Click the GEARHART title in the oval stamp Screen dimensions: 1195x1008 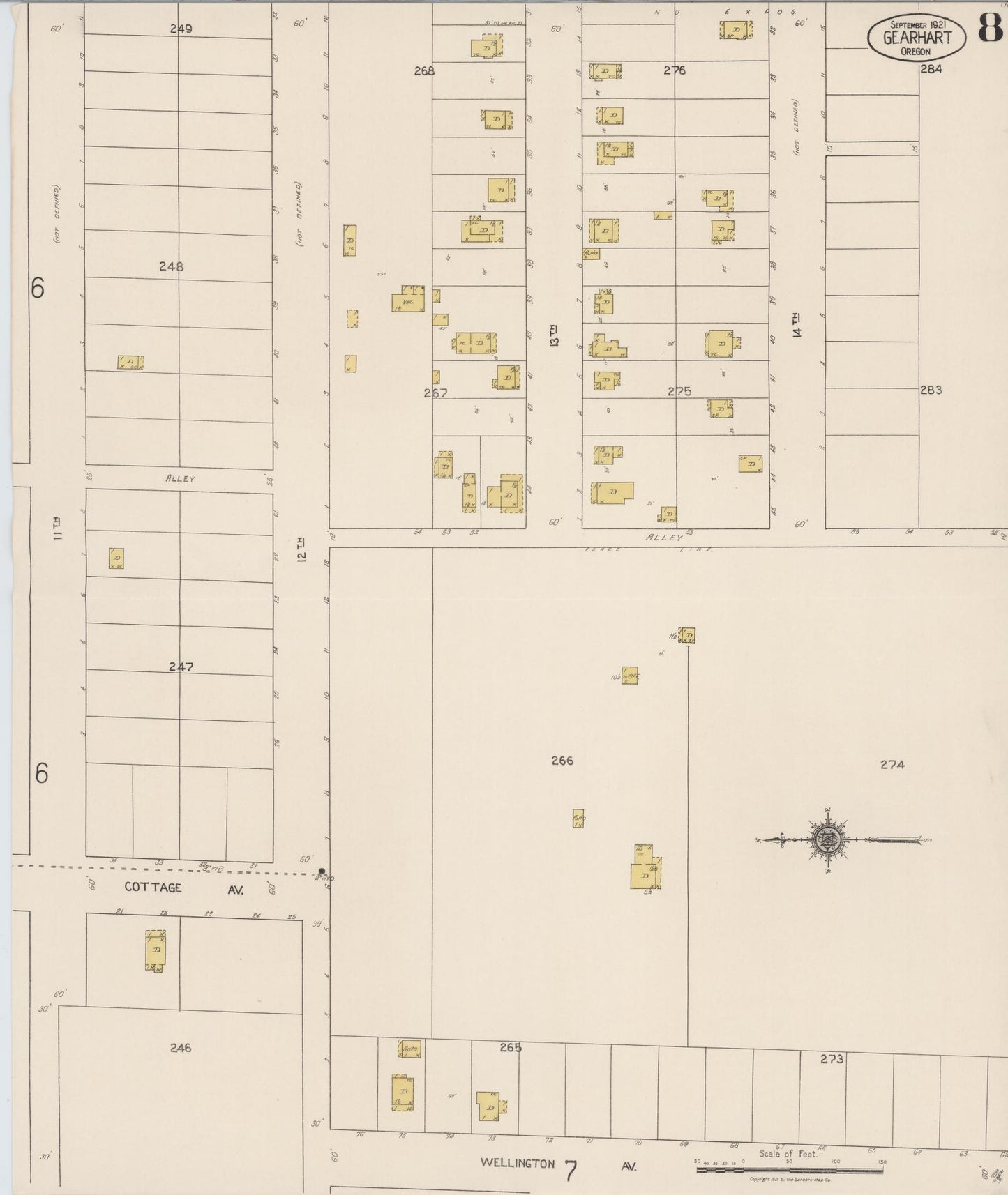[917, 38]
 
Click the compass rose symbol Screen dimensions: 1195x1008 [828, 840]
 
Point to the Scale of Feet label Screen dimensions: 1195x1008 [788, 1153]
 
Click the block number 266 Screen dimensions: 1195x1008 [562, 761]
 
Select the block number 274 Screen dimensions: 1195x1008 [892, 765]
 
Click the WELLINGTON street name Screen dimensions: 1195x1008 [517, 1163]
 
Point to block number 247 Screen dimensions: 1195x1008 [181, 667]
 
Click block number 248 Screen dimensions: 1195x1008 [171, 266]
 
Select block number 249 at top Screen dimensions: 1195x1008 [181, 29]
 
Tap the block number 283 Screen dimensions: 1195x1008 [931, 390]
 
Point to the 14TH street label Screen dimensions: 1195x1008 [797, 325]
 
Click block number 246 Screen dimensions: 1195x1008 [180, 1048]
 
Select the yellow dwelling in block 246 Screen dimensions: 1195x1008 [156, 950]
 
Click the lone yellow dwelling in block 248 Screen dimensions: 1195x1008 [130, 363]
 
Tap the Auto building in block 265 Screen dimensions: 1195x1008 [409, 1049]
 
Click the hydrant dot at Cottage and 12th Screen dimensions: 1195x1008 [322, 871]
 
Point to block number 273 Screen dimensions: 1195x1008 [832, 1059]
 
